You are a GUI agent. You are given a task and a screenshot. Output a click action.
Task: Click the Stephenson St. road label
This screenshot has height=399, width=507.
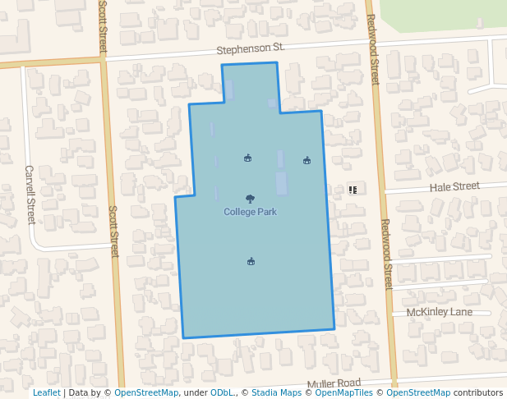point(251,49)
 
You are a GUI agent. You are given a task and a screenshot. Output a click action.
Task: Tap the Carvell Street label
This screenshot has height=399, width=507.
point(30,195)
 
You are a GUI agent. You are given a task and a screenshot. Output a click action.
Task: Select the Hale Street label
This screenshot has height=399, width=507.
point(454,187)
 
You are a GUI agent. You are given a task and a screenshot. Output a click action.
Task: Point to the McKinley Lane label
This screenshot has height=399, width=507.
point(440,312)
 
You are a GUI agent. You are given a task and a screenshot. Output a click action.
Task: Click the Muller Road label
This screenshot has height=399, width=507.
point(334,383)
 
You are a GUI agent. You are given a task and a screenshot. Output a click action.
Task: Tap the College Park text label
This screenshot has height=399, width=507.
point(250,212)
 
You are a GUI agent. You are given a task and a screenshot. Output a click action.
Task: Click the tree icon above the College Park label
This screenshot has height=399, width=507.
point(250,199)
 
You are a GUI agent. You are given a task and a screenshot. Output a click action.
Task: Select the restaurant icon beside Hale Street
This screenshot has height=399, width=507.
point(353,190)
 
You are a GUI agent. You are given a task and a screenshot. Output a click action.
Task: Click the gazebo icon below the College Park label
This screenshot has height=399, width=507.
point(251,261)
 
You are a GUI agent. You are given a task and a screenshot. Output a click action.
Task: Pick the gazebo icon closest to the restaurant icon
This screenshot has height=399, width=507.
point(307,160)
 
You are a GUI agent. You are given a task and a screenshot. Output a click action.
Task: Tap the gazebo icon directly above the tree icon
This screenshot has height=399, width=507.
point(247,158)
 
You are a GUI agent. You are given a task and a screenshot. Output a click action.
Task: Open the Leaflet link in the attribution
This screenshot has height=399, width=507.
point(46,393)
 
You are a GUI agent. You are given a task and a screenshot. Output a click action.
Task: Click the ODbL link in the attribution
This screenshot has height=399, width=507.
point(221,393)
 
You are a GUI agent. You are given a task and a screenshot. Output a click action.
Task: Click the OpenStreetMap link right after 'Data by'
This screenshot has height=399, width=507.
point(146,393)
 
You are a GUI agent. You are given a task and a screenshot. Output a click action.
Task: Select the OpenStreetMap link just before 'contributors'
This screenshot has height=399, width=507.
point(418,393)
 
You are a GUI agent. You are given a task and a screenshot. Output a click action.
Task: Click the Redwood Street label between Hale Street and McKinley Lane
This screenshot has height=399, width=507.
point(387,254)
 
